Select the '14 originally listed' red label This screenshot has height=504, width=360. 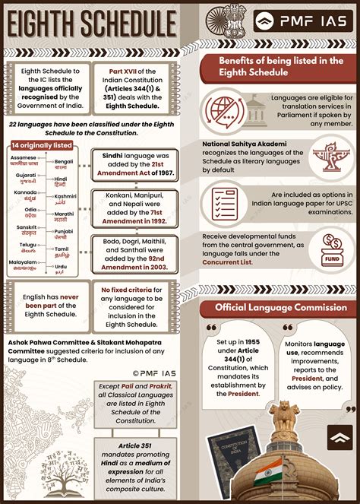[41, 145]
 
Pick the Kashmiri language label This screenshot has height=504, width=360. [65, 200]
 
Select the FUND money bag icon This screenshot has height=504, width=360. [331, 249]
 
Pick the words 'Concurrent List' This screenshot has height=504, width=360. [240, 262]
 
